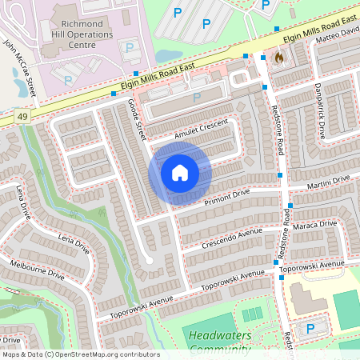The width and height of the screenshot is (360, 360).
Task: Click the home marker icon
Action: [x=180, y=173]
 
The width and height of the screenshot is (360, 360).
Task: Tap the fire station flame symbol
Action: [x=278, y=58]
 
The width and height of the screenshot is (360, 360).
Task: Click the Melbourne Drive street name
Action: [x=37, y=269]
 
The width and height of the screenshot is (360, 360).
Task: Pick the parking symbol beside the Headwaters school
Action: [x=311, y=329]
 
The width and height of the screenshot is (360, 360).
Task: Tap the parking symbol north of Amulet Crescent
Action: [x=196, y=97]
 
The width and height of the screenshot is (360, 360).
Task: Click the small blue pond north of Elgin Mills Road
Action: [x=169, y=56]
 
